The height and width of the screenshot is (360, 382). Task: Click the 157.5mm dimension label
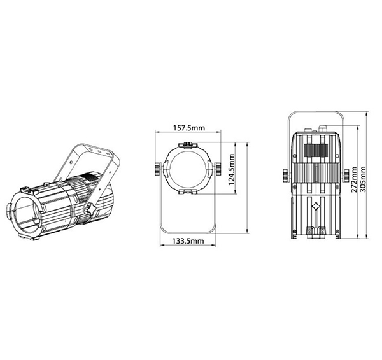coord(189,128)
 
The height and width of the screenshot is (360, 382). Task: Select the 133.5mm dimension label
coord(188,241)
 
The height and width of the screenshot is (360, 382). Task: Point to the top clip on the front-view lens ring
coord(189,146)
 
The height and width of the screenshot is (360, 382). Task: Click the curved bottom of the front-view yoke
coord(188,230)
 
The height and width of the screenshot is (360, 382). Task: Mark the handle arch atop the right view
coord(316,116)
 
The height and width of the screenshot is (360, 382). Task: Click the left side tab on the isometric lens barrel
coord(12,209)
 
